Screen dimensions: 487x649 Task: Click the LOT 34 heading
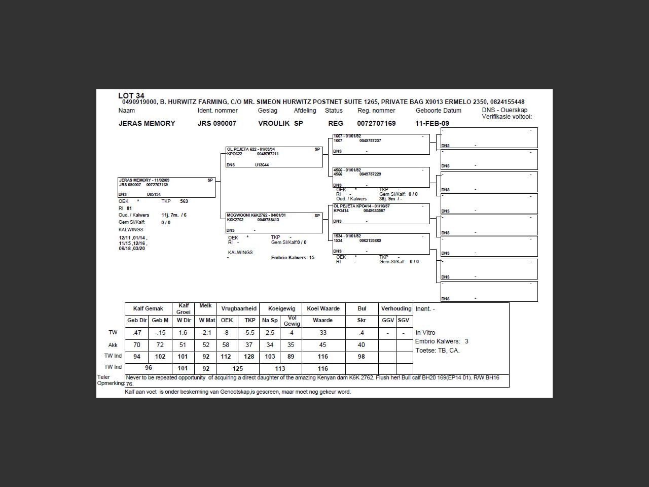click(131, 95)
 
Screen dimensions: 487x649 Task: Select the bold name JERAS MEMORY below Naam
click(147, 123)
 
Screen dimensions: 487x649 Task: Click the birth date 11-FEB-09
click(432, 123)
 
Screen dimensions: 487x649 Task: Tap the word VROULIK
click(274, 123)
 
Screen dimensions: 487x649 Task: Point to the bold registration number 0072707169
click(376, 123)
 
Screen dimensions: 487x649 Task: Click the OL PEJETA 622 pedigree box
click(274, 157)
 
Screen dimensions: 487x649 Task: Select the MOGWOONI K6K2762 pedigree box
click(274, 223)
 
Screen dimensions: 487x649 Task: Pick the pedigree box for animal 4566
click(381, 177)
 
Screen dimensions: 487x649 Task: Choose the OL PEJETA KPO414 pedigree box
click(381, 214)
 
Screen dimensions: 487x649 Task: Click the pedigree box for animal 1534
click(381, 243)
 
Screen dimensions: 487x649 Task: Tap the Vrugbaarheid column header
click(239, 308)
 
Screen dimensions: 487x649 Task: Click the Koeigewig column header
click(281, 308)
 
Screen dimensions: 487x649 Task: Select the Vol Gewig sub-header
click(292, 321)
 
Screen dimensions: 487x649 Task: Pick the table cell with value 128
click(249, 357)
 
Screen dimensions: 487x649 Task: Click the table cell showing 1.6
click(183, 333)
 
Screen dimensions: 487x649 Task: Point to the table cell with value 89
click(291, 357)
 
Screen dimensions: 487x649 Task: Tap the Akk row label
click(113, 345)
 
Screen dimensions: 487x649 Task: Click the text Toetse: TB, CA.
click(437, 351)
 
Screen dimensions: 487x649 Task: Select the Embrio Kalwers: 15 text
click(293, 258)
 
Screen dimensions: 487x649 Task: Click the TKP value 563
click(184, 201)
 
